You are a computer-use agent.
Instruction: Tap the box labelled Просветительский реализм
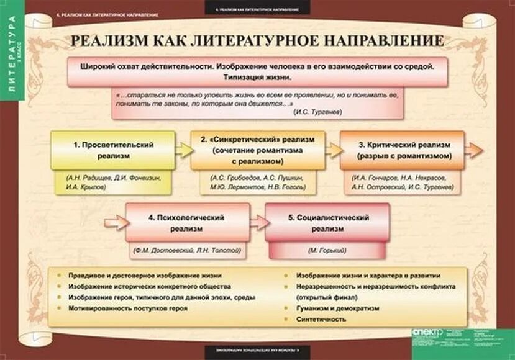click(112, 150)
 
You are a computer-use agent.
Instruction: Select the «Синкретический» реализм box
click(257, 150)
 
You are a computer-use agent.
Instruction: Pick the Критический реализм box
click(402, 150)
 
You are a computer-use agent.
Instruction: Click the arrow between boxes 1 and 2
click(183, 150)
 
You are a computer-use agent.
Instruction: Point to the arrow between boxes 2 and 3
click(332, 150)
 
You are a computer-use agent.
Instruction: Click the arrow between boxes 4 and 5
click(258, 222)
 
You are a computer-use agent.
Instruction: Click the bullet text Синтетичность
click(321, 319)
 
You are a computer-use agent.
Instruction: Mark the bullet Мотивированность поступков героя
click(119, 308)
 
